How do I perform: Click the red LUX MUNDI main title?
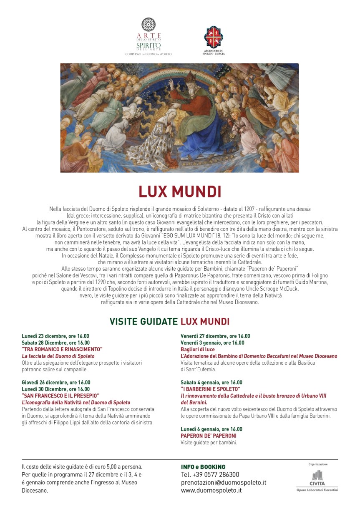coord(180,191)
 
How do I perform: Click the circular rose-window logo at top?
coord(149,25)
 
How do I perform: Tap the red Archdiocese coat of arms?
coord(213,37)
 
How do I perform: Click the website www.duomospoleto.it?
coord(211,491)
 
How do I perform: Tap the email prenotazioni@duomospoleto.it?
coord(223,483)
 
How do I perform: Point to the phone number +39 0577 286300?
coord(210,474)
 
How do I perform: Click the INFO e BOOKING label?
coord(203,467)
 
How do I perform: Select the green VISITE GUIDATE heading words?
coord(143,321)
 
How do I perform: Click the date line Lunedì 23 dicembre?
coord(55,336)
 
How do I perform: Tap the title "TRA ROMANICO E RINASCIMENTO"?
coord(62,349)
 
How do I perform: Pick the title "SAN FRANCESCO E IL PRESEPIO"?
coord(60,396)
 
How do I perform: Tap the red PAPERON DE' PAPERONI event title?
coord(209,436)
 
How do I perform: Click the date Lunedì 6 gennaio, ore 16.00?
coord(211,429)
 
